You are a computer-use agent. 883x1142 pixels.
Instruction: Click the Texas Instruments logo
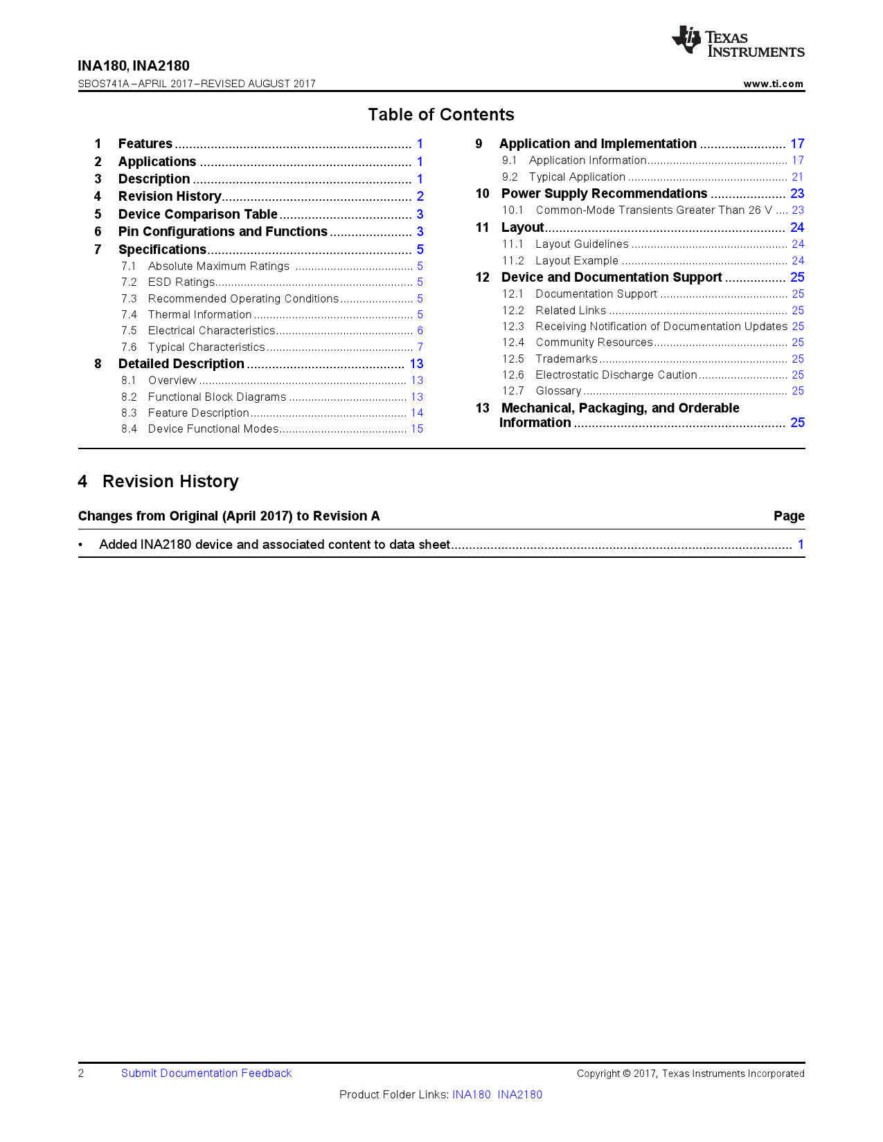pyautogui.click(x=737, y=42)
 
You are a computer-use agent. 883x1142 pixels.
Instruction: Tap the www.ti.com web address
pyautogui.click(x=773, y=84)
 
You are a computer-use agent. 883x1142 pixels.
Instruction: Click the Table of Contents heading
pyautogui.click(x=441, y=115)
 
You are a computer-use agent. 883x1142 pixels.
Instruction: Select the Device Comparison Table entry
pyautogui.click(x=197, y=215)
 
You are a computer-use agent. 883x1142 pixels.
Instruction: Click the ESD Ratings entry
pyautogui.click(x=181, y=282)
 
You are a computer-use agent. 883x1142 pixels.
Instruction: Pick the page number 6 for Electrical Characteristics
pyautogui.click(x=420, y=331)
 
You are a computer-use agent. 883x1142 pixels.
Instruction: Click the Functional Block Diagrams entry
pyautogui.click(x=217, y=397)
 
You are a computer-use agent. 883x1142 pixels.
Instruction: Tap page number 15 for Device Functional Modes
pyautogui.click(x=416, y=429)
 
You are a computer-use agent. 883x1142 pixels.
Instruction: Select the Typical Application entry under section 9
pyautogui.click(x=576, y=177)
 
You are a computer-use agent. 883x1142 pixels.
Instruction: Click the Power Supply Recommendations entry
pyautogui.click(x=604, y=194)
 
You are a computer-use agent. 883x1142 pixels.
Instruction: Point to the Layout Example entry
pyautogui.click(x=576, y=261)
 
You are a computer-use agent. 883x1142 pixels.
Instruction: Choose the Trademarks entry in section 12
pyautogui.click(x=566, y=359)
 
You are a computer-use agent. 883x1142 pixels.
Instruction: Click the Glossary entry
pyautogui.click(x=558, y=391)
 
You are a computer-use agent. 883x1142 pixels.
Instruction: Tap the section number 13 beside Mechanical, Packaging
pyautogui.click(x=482, y=408)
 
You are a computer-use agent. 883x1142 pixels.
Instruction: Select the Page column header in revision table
pyautogui.click(x=788, y=516)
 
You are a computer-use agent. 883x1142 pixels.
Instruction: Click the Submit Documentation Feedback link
pyautogui.click(x=206, y=1073)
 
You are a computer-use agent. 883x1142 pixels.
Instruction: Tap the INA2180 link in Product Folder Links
pyautogui.click(x=519, y=1095)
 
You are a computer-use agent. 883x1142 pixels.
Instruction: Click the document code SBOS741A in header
pyautogui.click(x=103, y=84)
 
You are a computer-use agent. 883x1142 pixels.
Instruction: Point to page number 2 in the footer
pyautogui.click(x=81, y=1073)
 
